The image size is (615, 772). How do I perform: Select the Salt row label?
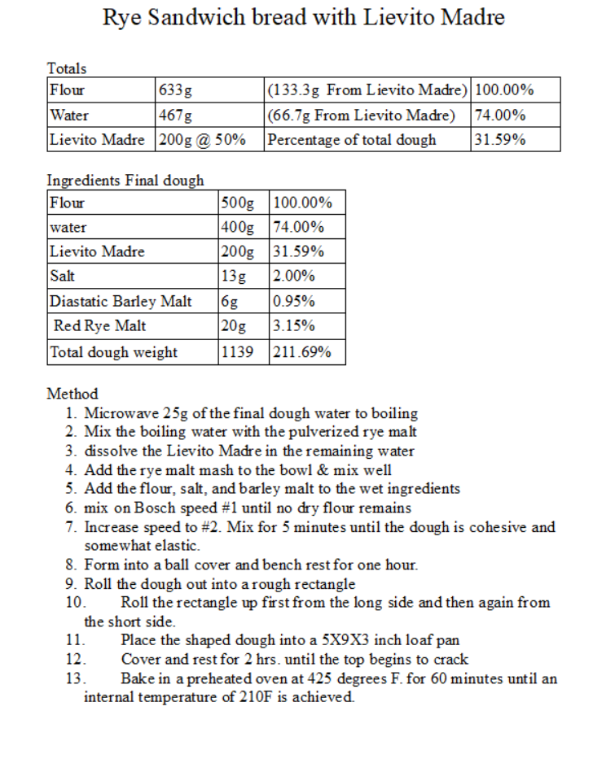pyautogui.click(x=63, y=276)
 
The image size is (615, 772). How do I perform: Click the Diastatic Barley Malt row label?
pyautogui.click(x=121, y=302)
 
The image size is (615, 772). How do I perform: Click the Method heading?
pyautogui.click(x=72, y=394)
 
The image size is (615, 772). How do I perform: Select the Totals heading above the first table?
pyautogui.click(x=67, y=68)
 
